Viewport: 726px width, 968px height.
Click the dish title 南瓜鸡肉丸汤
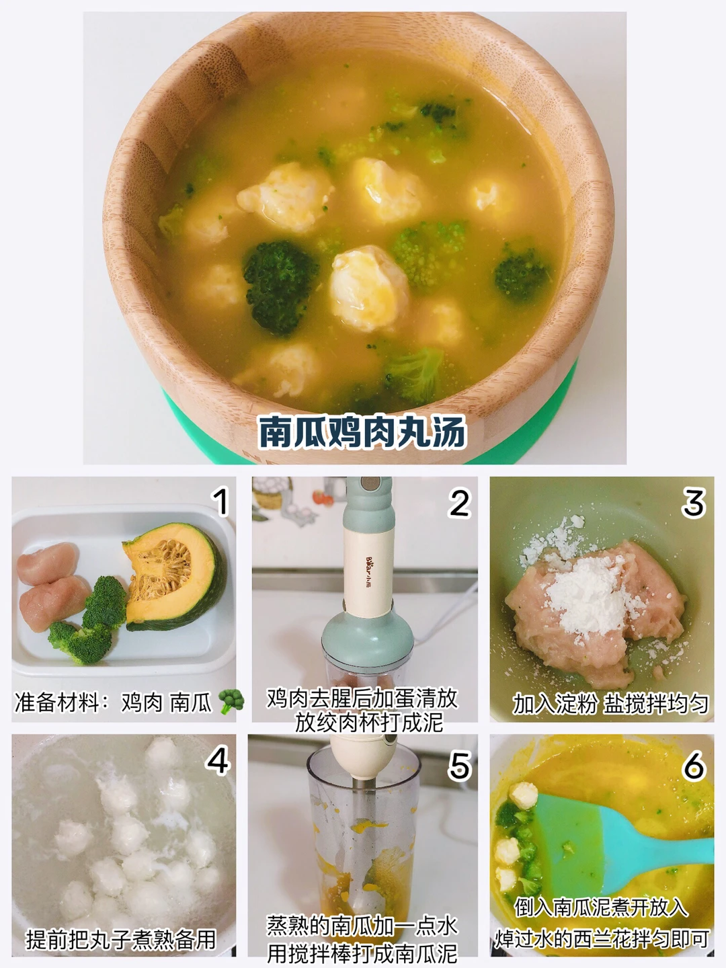362,432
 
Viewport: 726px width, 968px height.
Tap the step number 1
220,502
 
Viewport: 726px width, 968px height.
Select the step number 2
459,503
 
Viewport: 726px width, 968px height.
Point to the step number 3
694,502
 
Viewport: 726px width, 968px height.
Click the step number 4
217,760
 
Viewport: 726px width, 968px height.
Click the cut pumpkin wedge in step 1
174,576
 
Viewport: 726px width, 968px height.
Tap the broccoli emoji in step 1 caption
231,701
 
